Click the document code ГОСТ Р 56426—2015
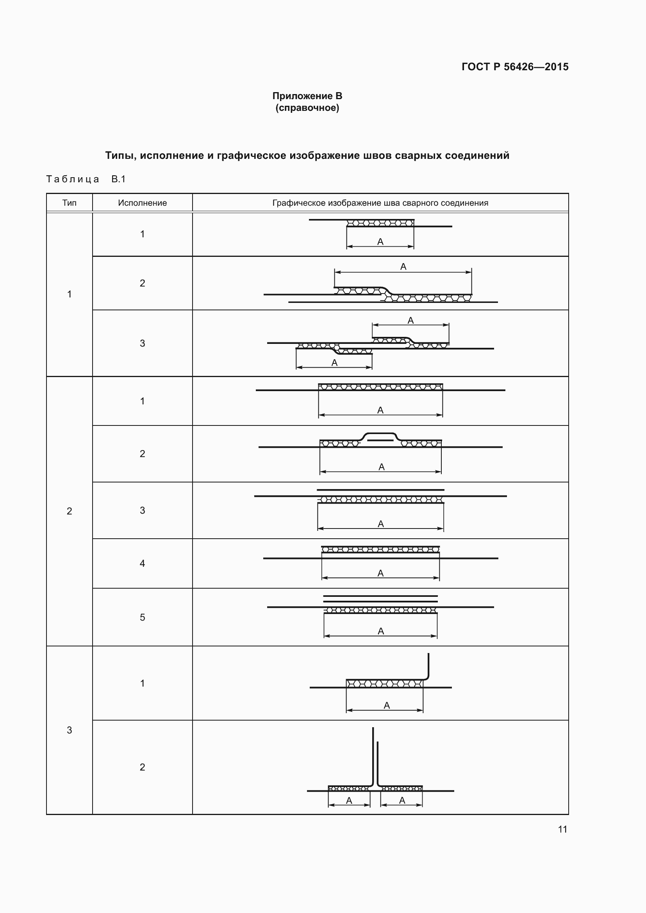(x=515, y=67)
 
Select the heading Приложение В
(x=307, y=96)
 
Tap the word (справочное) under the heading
(x=307, y=108)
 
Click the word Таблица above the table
(x=73, y=179)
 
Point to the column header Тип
(x=69, y=203)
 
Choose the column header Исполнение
(x=143, y=203)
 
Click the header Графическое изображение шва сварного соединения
(x=380, y=203)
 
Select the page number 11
(x=562, y=829)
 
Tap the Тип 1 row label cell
(x=69, y=294)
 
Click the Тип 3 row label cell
(x=69, y=730)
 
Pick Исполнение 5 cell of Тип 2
(x=143, y=617)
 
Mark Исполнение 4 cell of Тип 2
(x=143, y=563)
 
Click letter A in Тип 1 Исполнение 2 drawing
(x=403, y=267)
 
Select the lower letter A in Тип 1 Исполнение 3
(x=335, y=363)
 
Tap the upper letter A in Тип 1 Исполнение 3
(x=411, y=320)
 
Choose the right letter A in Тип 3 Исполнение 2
(x=402, y=801)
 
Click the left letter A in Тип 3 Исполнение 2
(x=349, y=801)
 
